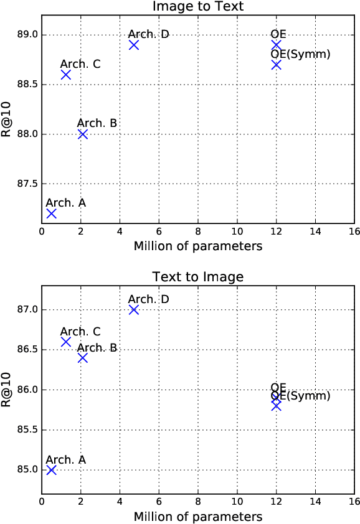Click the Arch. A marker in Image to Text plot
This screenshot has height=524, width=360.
(51, 213)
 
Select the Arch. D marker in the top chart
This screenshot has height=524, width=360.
(133, 45)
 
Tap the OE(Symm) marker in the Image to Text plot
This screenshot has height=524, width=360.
(276, 65)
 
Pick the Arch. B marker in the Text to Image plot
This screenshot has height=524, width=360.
(82, 358)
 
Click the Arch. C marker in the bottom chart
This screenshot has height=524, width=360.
(65, 342)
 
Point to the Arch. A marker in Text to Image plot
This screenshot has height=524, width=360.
(51, 470)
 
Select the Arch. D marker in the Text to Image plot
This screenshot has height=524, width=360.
(133, 310)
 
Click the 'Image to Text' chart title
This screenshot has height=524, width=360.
(198, 7)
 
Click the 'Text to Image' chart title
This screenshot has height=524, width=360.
(198, 276)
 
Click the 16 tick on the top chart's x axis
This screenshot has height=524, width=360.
(354, 233)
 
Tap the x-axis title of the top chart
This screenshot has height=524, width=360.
(198, 246)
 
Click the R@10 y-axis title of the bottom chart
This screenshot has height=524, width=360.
(7, 390)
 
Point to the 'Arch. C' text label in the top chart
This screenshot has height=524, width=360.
(80, 64)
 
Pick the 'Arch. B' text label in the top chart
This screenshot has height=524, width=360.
(97, 123)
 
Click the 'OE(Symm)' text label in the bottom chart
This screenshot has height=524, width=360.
(300, 396)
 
